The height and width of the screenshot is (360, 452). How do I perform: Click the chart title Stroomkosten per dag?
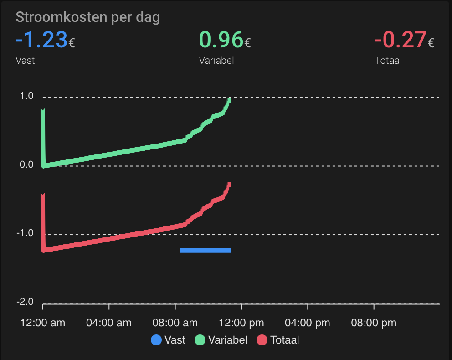(87, 17)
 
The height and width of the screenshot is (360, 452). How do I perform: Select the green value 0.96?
(221, 40)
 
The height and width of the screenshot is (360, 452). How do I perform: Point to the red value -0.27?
(401, 40)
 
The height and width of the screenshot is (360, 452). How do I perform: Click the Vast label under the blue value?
(25, 60)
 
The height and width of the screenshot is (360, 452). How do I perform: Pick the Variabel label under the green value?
(216, 60)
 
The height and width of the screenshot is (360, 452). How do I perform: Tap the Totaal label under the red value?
(388, 60)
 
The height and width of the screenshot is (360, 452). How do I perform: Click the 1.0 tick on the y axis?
(27, 96)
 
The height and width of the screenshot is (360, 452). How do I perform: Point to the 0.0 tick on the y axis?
(27, 165)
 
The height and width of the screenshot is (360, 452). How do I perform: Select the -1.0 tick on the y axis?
(26, 233)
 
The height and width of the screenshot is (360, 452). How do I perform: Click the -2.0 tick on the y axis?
(26, 302)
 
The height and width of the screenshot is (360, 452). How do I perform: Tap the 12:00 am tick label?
(43, 323)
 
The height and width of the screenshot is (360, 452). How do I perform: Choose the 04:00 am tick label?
(109, 323)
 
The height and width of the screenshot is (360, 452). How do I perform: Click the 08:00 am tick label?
(175, 323)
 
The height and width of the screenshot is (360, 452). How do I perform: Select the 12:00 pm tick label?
(241, 323)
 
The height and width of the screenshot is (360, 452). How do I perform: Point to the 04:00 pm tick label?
(307, 323)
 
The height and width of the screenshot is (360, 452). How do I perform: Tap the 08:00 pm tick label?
(373, 323)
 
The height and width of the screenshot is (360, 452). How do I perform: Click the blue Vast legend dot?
(156, 340)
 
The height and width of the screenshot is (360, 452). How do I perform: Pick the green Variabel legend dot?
(200, 340)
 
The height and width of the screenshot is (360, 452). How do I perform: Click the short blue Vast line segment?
(205, 250)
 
